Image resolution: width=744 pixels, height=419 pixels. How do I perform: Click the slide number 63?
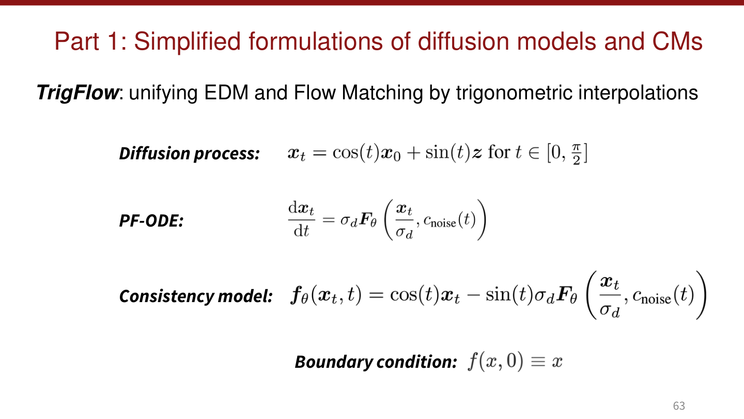[679, 406]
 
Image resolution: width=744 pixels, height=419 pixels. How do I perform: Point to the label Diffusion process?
[189, 154]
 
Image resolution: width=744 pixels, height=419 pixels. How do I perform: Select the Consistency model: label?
[196, 296]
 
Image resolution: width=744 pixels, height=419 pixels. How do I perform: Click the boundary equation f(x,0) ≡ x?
[515, 361]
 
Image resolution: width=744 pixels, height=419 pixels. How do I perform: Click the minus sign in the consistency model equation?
[474, 296]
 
